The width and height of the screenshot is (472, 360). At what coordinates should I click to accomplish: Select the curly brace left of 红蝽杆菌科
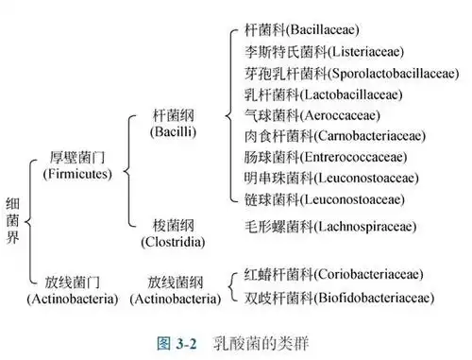(x=232, y=286)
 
